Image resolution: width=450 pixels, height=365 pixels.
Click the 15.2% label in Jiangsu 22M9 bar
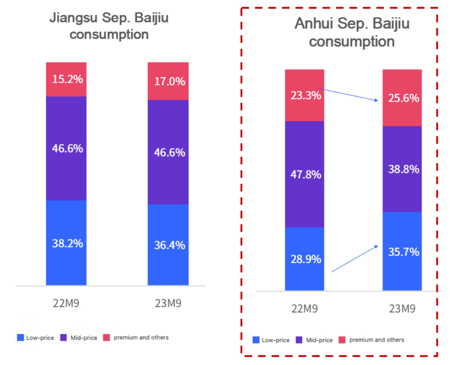point(67,79)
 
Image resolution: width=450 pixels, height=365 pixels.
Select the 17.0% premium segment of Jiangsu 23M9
point(169,81)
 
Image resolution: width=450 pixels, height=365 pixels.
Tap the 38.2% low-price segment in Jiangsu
point(67,243)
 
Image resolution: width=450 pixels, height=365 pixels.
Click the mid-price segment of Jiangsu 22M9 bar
point(67,148)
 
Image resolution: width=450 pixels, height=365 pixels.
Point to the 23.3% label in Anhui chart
point(305,95)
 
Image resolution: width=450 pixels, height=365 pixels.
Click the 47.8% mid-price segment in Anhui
point(305,174)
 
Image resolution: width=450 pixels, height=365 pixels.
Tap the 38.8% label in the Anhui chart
point(403,169)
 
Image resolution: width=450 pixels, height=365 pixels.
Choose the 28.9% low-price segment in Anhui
point(305,259)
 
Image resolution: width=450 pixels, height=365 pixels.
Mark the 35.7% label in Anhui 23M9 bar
point(403,252)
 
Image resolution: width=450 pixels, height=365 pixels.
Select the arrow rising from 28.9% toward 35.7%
point(354,258)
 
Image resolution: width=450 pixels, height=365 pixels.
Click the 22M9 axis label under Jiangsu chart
point(67,304)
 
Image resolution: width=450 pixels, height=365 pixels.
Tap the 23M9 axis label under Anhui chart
point(403,309)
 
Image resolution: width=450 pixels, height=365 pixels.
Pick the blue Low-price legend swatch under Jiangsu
point(21,338)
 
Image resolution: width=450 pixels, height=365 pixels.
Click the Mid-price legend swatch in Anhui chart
point(300,340)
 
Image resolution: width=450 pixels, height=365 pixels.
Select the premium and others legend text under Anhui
point(377,340)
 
